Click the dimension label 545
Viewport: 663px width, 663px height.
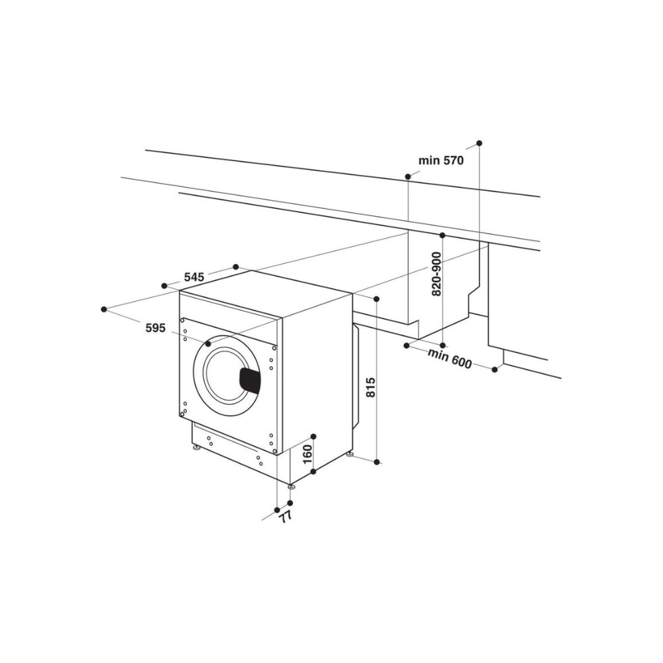pyautogui.click(x=194, y=277)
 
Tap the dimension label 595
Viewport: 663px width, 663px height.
pyautogui.click(x=155, y=328)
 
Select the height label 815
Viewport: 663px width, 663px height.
pyautogui.click(x=371, y=387)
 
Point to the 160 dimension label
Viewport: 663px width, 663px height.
pyautogui.click(x=308, y=454)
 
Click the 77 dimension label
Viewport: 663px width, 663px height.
pyautogui.click(x=286, y=516)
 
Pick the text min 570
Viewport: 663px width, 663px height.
pyautogui.click(x=441, y=160)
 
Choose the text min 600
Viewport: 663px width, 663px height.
pyautogui.click(x=450, y=359)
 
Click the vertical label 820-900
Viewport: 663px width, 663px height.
pyautogui.click(x=436, y=274)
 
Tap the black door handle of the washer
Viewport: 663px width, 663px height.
pyautogui.click(x=250, y=380)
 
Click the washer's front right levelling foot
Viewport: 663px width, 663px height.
pyautogui.click(x=292, y=487)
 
